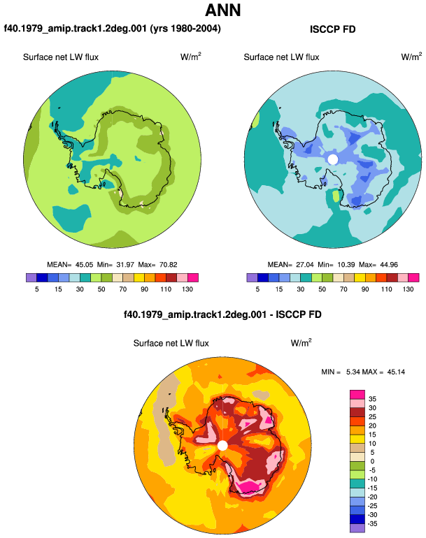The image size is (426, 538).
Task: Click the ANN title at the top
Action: (x=222, y=10)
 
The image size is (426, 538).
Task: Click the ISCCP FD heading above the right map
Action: (x=332, y=29)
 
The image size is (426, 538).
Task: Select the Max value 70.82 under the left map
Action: (x=169, y=265)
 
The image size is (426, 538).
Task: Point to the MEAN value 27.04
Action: (x=305, y=265)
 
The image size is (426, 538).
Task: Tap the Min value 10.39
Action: (x=346, y=265)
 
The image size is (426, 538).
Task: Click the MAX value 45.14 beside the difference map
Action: (x=396, y=372)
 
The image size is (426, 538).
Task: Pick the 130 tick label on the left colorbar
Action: (x=187, y=289)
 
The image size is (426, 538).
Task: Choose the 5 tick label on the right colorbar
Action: (x=257, y=289)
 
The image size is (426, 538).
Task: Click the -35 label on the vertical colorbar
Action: (x=372, y=524)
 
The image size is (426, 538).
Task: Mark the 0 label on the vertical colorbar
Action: (x=372, y=461)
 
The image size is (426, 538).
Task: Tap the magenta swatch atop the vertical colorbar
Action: (x=357, y=394)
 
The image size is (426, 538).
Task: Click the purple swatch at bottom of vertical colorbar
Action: (x=357, y=528)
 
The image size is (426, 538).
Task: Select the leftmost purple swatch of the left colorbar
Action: (x=31, y=277)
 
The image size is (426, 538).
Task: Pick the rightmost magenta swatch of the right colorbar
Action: (x=413, y=277)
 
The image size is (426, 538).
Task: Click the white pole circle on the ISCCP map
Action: (x=332, y=159)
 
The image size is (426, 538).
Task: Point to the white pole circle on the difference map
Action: (x=222, y=446)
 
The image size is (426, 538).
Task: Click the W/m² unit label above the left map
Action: (x=191, y=57)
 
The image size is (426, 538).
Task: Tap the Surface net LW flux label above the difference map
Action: (x=171, y=343)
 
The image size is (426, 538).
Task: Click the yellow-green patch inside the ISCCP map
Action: (x=336, y=196)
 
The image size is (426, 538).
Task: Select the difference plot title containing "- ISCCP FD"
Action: (x=222, y=314)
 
